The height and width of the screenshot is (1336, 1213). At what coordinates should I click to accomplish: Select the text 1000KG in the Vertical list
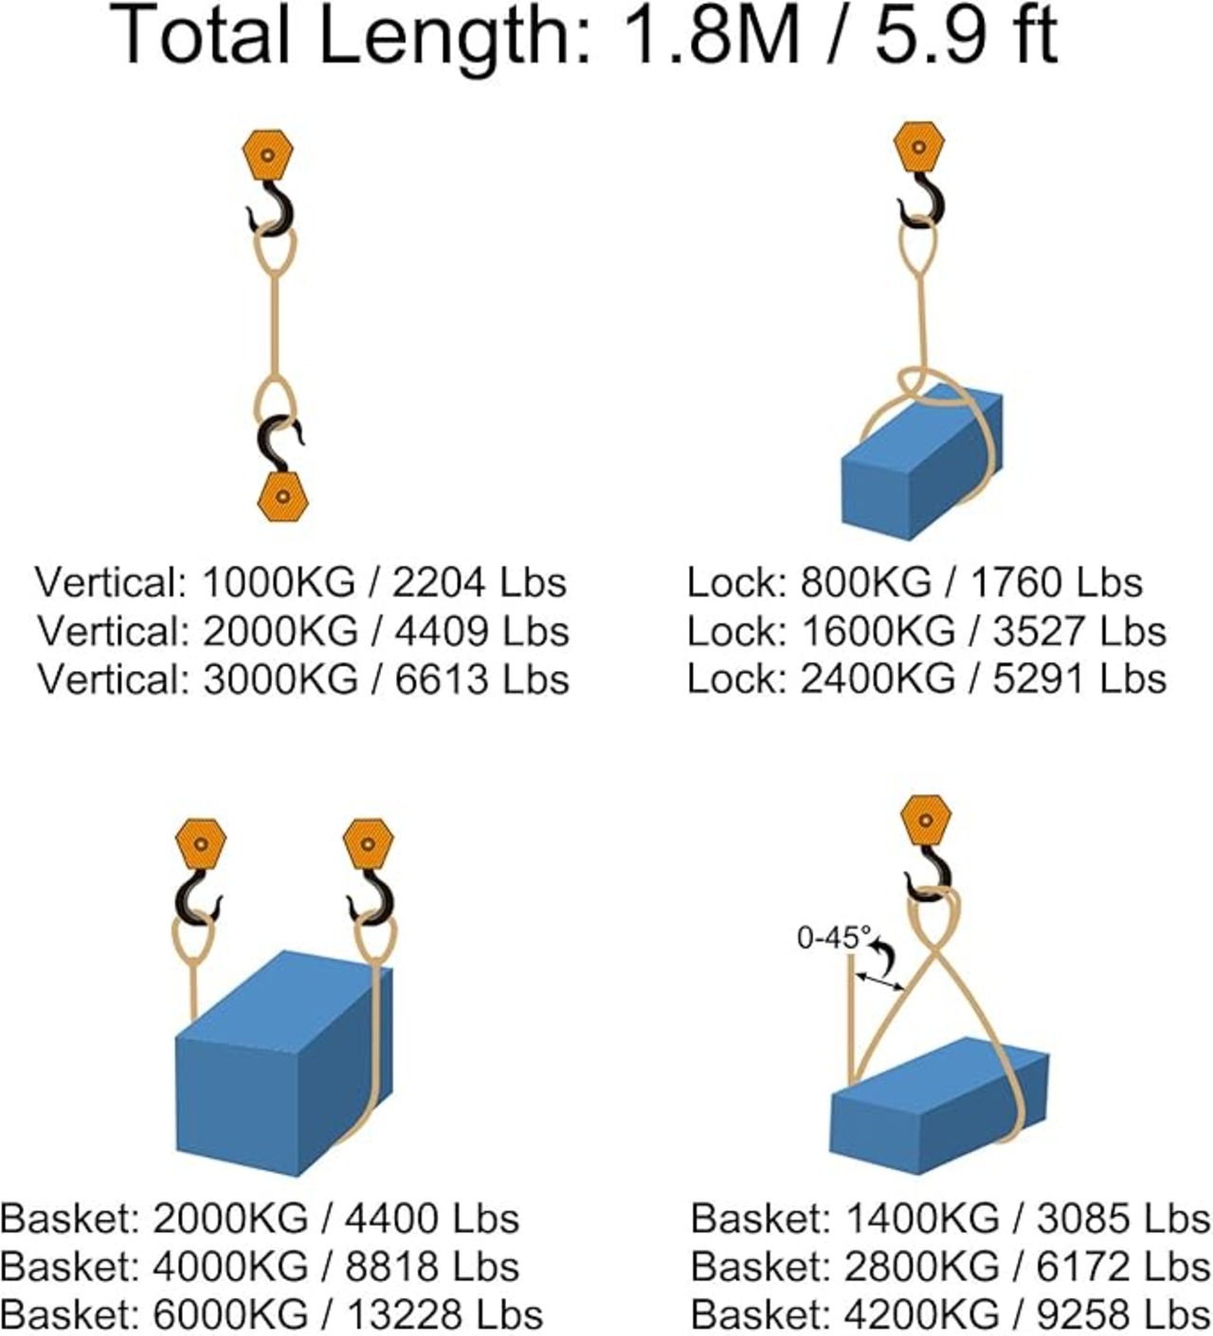[279, 582]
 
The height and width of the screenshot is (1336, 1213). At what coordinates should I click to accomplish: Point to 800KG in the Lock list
[865, 582]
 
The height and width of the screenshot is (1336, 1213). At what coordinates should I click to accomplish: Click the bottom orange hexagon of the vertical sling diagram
[282, 496]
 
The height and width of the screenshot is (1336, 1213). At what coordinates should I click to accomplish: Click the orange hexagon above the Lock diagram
[918, 147]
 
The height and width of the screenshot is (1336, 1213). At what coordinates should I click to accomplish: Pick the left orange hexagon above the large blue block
[201, 844]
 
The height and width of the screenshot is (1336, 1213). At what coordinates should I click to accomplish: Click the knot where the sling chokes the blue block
[914, 384]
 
